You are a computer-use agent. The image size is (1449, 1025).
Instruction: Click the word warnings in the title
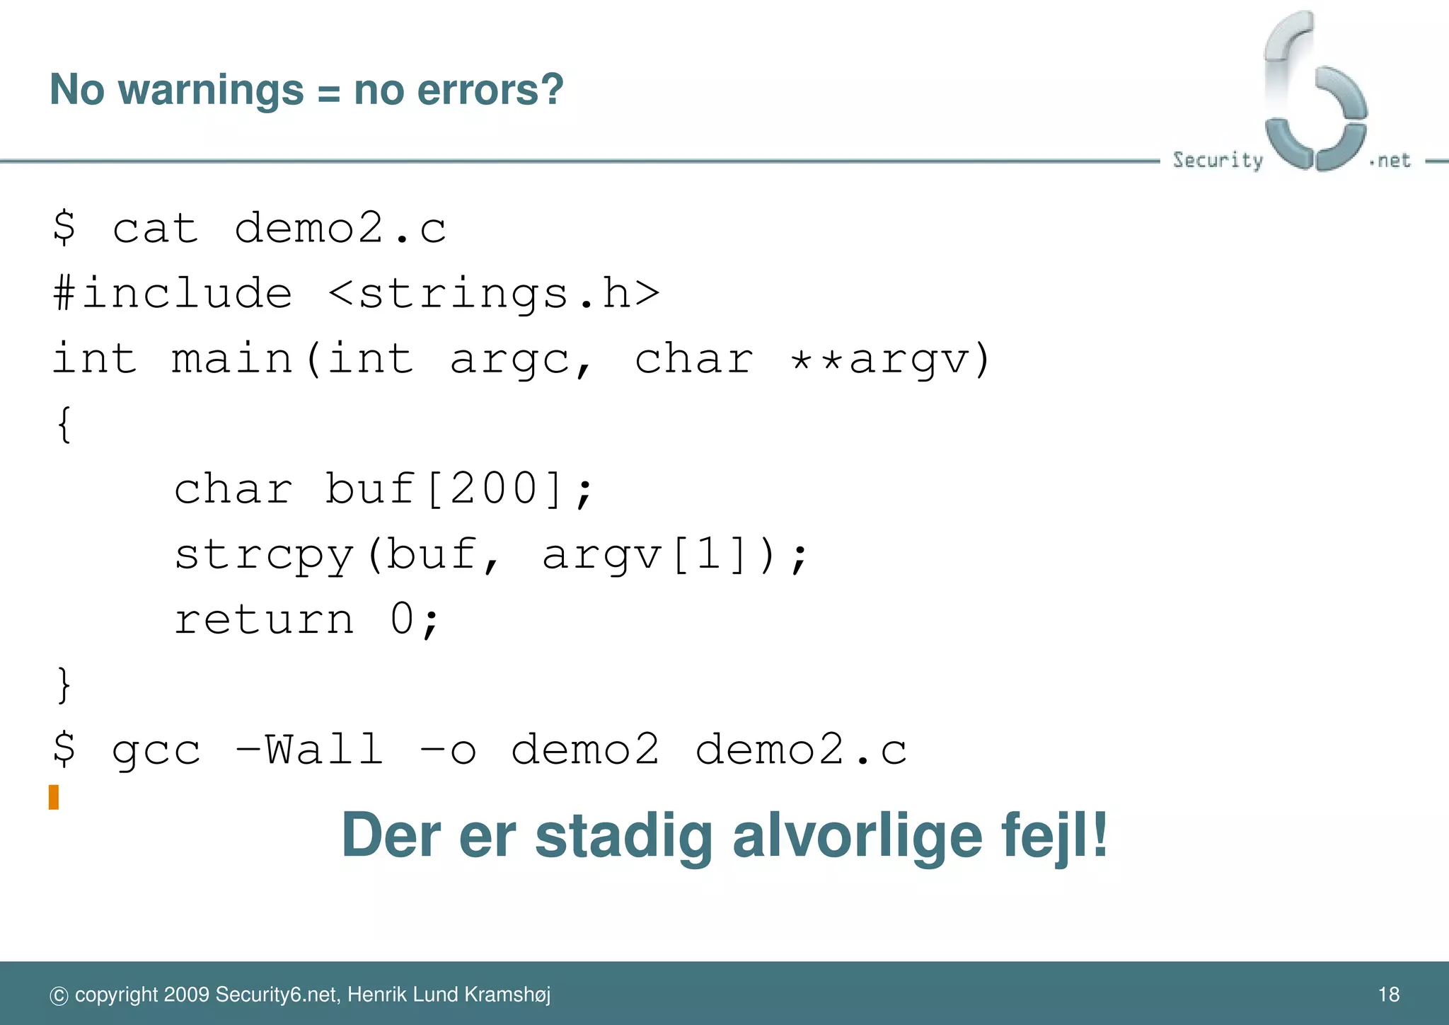[211, 91]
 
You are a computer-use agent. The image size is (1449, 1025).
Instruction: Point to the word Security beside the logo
[1217, 160]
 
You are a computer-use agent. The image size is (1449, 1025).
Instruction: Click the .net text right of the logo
[1390, 161]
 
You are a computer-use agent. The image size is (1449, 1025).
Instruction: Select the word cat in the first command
[156, 229]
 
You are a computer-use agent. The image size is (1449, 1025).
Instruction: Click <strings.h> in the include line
[494, 294]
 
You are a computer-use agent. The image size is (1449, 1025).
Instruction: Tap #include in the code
[172, 294]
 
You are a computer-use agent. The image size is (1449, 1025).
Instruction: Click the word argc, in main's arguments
[522, 359]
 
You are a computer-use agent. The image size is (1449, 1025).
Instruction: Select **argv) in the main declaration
[891, 359]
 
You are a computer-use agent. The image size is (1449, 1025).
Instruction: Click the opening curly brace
[64, 425]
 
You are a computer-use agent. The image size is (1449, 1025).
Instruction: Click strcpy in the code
[263, 554]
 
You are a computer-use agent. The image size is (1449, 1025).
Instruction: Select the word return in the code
[263, 619]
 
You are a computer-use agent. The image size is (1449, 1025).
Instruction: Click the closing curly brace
[64, 685]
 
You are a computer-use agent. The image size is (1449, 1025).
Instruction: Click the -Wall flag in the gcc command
[309, 750]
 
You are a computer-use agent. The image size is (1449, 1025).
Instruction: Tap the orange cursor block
[54, 797]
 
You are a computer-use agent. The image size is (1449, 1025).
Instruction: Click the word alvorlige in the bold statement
[857, 837]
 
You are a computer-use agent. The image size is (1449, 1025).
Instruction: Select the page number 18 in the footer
[1388, 995]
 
